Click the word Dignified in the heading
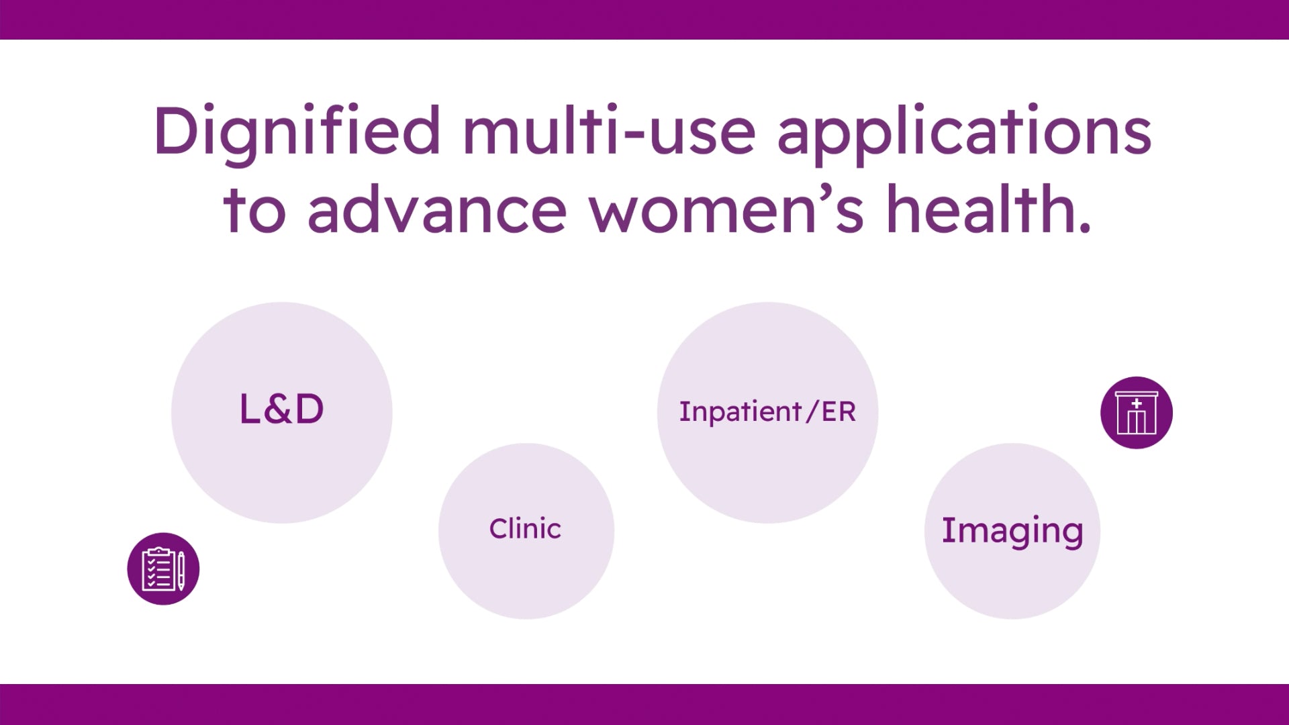coord(297,134)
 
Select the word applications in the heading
coord(964,134)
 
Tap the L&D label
coord(282,409)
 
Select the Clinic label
coord(525,528)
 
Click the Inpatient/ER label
coord(767,412)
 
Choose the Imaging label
coord(1012,532)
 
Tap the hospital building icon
coord(1137,412)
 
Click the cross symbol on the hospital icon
coord(1137,403)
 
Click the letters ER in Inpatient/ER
coord(839,412)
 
